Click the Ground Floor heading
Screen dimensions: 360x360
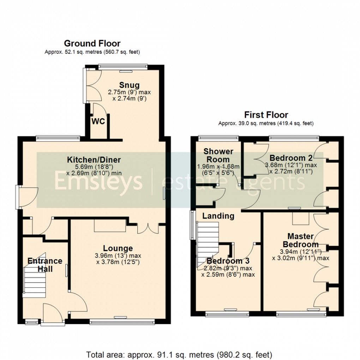[92, 44]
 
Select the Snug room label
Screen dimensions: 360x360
[129, 85]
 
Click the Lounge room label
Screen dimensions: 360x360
[118, 248]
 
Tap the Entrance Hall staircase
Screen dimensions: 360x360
[35, 274]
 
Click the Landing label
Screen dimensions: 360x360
[218, 216]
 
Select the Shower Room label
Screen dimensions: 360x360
[218, 155]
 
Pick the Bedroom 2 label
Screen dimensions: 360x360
[287, 158]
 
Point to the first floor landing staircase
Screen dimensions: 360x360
[208, 240]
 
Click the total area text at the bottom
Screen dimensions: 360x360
[179, 354]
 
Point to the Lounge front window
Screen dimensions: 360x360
[122, 322]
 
